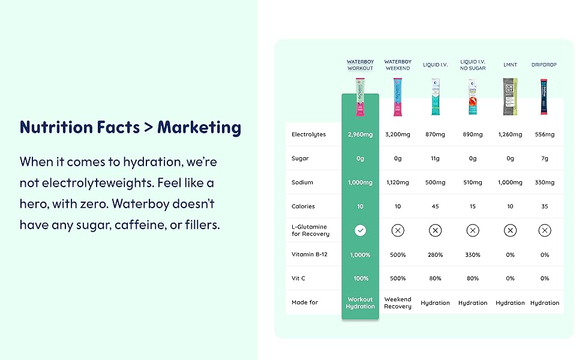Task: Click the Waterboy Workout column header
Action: tap(360, 65)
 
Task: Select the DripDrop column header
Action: tap(544, 65)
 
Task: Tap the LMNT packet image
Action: tap(510, 97)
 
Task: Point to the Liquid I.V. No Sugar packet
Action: tap(473, 97)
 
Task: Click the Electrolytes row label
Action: tap(308, 134)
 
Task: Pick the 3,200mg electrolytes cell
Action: tap(398, 134)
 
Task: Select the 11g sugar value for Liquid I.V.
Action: tap(435, 158)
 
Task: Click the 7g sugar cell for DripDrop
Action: tap(545, 158)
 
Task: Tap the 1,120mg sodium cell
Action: tap(398, 182)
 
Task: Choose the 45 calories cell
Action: tap(435, 206)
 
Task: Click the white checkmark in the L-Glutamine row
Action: tap(360, 230)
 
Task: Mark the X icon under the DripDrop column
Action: tap(545, 230)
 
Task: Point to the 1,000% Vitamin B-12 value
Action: tap(360, 255)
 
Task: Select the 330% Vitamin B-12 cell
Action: tap(473, 255)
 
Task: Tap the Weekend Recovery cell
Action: tap(398, 303)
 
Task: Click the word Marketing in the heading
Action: tap(199, 128)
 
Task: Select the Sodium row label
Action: tap(302, 182)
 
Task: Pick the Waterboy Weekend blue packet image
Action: tap(398, 97)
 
